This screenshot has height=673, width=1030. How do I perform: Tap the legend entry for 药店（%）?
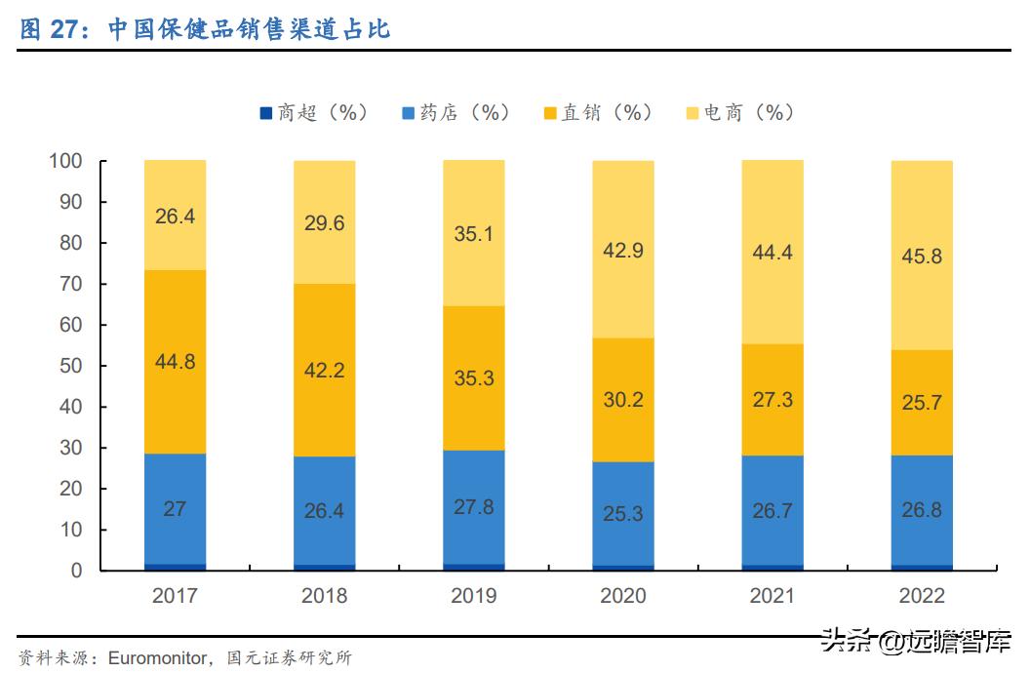(x=456, y=113)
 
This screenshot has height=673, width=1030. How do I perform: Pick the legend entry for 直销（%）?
(x=598, y=113)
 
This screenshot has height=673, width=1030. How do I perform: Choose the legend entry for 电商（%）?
(x=740, y=113)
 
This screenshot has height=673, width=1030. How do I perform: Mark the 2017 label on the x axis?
(x=175, y=596)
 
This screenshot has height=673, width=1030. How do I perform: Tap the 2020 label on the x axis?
(x=622, y=596)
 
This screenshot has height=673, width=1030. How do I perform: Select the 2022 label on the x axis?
(x=921, y=596)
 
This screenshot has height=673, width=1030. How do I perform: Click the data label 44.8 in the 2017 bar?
(x=175, y=362)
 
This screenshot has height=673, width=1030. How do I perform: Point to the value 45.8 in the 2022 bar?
(x=921, y=257)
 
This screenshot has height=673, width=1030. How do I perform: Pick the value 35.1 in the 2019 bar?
(x=473, y=234)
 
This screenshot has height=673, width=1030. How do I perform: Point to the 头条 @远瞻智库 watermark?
(x=917, y=642)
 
